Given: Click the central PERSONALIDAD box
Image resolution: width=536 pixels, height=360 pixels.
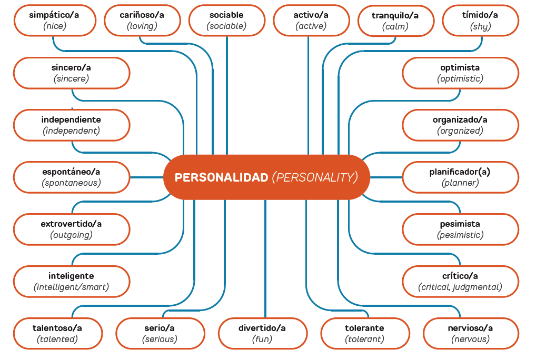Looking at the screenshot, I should click(x=266, y=177).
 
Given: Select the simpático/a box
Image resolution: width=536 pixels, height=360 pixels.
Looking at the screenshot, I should click(x=54, y=21).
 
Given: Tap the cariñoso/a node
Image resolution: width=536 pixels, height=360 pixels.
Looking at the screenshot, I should click(x=142, y=21).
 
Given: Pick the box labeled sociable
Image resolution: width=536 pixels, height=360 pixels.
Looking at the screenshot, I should click(x=226, y=21).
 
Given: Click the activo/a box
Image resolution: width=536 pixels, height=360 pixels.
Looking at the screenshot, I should click(x=311, y=21).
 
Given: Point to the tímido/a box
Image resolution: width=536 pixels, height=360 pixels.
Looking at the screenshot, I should click(x=480, y=21).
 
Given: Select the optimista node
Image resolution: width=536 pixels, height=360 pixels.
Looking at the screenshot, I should click(x=460, y=73).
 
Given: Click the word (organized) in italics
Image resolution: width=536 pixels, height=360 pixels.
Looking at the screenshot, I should click(x=460, y=131).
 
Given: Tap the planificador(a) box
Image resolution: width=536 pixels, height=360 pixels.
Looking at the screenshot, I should click(x=460, y=177).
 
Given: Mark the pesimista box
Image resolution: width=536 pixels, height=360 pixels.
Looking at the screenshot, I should click(x=460, y=229).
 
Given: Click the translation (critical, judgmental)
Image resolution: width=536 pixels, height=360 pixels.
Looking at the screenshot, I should click(x=460, y=287).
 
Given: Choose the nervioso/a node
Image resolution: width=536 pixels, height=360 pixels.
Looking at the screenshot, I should click(x=471, y=334).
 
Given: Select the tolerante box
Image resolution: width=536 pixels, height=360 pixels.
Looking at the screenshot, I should click(x=365, y=334).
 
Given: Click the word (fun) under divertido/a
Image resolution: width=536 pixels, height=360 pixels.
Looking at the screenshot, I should click(x=262, y=339).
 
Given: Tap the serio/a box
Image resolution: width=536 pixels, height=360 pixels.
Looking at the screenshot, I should click(x=160, y=334).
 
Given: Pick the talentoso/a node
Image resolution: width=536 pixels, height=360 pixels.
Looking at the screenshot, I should click(x=57, y=334).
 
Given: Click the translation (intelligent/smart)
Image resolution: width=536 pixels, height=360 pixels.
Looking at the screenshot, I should click(x=71, y=287).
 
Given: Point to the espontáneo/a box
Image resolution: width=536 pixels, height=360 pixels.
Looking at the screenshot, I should click(x=71, y=177).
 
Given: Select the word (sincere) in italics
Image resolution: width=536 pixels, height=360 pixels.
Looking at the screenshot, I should click(x=71, y=79).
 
